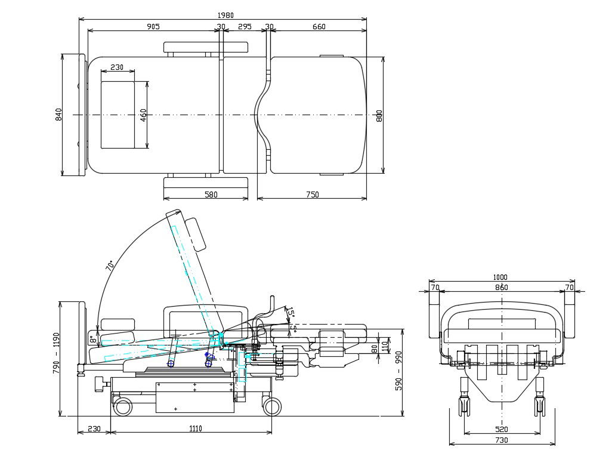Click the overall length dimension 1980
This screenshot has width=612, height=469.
[x=225, y=15]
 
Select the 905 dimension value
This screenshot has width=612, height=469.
[x=153, y=26]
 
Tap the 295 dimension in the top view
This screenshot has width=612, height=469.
[x=245, y=26]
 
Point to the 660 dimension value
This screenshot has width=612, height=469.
[x=319, y=26]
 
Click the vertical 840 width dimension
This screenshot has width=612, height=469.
[x=58, y=114]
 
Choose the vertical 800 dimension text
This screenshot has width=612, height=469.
[x=379, y=115]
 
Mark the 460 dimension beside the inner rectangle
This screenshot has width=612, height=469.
[x=144, y=115]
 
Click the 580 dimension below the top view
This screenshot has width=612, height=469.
[x=211, y=195]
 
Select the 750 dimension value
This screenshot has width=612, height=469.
[x=312, y=195]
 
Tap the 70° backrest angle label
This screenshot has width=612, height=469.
[x=110, y=266]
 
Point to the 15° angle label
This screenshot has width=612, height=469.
[x=290, y=311]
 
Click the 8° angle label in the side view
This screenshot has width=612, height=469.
[x=93, y=340]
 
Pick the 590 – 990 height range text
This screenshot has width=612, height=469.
[x=399, y=371]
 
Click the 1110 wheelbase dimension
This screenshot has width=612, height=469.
[x=196, y=428]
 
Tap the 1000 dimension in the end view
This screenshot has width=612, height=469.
[x=500, y=277]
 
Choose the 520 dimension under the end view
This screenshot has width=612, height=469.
[x=502, y=429]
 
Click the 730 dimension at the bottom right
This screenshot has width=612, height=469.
[x=502, y=440]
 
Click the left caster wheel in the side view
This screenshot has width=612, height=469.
[x=123, y=407]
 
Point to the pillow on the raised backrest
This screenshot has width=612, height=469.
[x=196, y=234]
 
